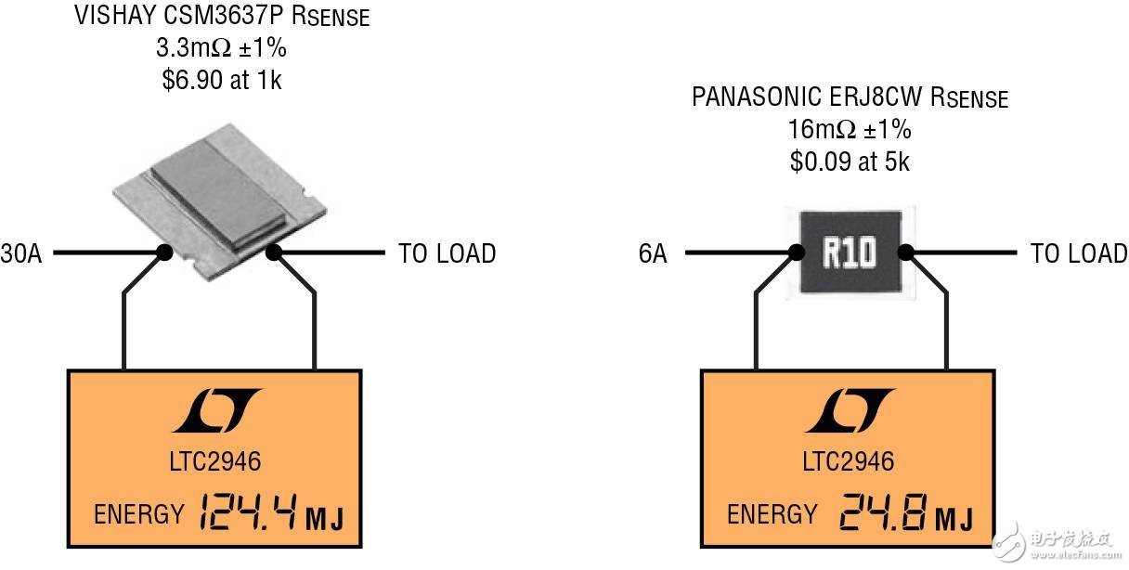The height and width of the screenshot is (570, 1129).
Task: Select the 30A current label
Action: click(x=20, y=253)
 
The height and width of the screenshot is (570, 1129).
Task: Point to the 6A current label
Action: click(x=653, y=253)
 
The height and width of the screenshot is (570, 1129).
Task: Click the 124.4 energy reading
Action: click(x=247, y=512)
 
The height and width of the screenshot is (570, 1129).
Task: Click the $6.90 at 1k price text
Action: click(x=221, y=81)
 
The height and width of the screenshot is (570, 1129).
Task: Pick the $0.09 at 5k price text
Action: click(x=850, y=162)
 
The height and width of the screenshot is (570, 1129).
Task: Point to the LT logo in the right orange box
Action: click(x=850, y=411)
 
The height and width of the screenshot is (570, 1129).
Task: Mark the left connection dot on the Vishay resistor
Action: click(x=165, y=253)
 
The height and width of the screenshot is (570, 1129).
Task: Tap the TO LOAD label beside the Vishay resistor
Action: click(x=447, y=253)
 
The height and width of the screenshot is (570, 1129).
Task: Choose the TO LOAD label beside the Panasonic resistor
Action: click(x=1079, y=253)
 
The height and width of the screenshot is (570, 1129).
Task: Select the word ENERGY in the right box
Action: click(x=772, y=514)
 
